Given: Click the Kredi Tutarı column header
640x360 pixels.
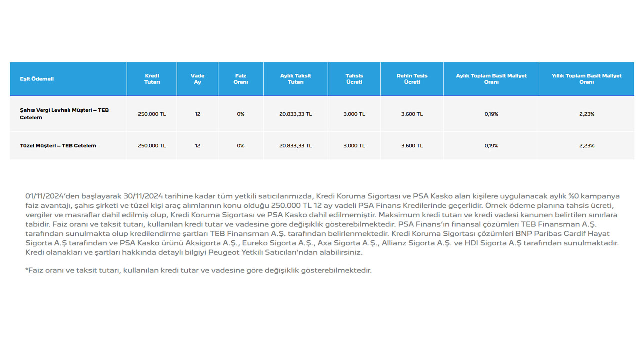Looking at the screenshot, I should pos(152,79).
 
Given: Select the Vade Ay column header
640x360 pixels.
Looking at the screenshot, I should pos(197,79).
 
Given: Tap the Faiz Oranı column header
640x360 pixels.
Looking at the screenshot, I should pos(241,79).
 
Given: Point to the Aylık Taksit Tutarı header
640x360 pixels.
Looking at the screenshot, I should pos(295,79).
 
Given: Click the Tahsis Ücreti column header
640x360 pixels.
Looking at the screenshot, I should pos(354,79).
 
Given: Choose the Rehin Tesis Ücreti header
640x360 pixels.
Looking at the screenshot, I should pos(412,79).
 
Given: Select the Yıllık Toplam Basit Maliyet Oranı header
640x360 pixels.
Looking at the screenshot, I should pos(586,79).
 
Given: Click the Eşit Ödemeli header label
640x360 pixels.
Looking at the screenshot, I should pos(37,79).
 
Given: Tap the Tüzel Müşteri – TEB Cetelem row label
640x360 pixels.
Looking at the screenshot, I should pos(58,146).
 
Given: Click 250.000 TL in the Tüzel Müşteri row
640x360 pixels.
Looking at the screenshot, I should pos(152,146).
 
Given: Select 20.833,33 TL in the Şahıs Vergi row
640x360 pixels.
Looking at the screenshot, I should pos(295,114).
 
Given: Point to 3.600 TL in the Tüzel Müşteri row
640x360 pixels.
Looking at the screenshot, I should pos(412,146).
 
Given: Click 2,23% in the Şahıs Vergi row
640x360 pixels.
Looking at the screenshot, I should pos(586,114).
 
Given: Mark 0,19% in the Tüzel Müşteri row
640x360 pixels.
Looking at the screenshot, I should pos(491,146).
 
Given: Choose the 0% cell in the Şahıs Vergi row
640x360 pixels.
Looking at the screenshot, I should pos(241,114).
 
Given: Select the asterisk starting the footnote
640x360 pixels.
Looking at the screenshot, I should pos(27,270).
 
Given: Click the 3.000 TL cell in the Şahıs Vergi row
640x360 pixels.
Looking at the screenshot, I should pos(354,114).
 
